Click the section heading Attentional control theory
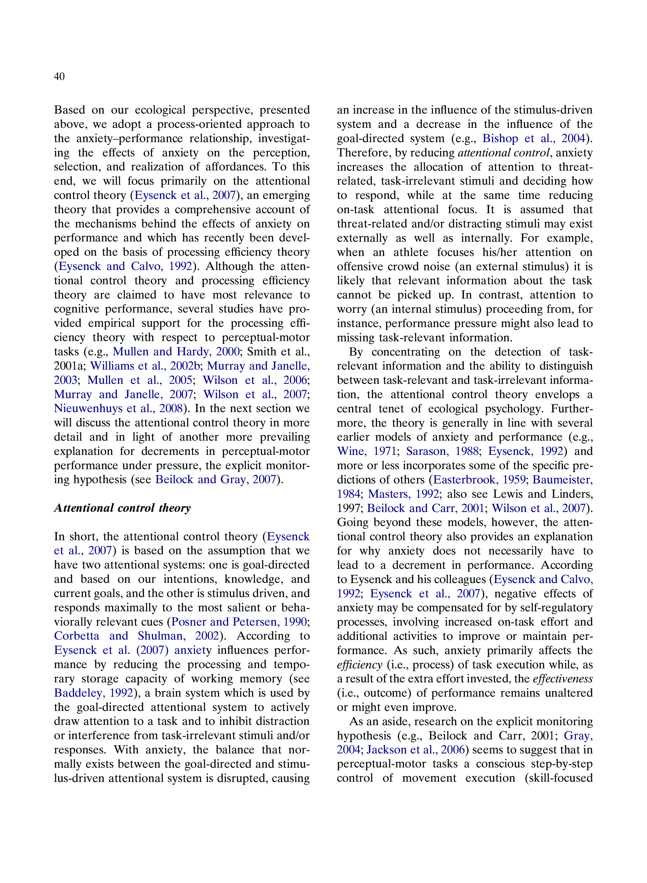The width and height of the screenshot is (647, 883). [x=122, y=508]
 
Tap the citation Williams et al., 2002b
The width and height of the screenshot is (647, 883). [x=145, y=366]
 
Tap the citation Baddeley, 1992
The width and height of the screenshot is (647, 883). [x=94, y=693]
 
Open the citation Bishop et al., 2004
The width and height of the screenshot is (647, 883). [x=534, y=138]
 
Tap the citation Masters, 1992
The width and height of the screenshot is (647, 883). [x=403, y=494]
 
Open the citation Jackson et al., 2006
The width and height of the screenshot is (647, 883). [x=415, y=750]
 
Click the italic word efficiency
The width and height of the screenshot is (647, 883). [x=359, y=664]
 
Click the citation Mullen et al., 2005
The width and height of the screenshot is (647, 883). [x=140, y=380]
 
